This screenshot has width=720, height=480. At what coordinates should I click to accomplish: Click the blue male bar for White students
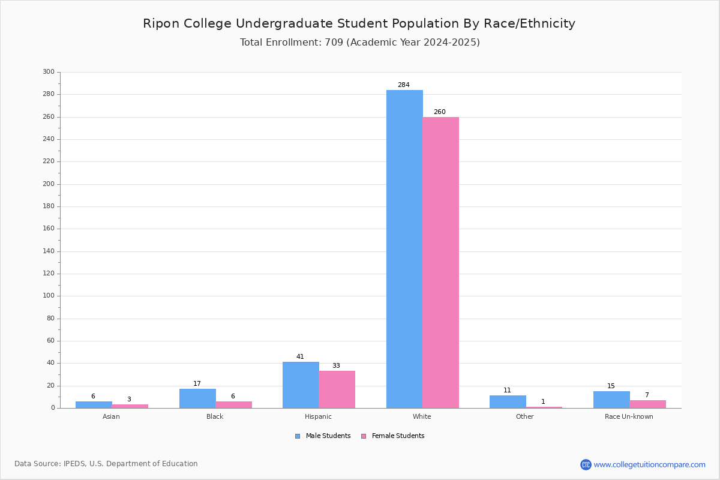tap(404, 249)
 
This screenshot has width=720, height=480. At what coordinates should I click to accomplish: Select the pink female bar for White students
tap(440, 263)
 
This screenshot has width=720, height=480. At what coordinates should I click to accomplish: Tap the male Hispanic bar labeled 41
tap(301, 385)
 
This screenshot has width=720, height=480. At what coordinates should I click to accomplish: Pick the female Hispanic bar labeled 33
tap(337, 389)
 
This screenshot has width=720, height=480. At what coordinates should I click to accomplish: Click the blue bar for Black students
tap(197, 398)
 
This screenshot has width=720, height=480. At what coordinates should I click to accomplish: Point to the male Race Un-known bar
tap(611, 400)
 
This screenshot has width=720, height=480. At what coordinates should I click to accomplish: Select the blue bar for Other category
tap(508, 402)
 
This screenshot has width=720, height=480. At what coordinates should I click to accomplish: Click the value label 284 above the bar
tap(404, 85)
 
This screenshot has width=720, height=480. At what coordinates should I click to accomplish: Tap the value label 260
tap(440, 112)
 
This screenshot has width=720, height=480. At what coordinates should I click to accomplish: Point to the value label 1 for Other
tap(543, 401)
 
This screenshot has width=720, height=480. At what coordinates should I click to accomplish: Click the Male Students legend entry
tap(323, 436)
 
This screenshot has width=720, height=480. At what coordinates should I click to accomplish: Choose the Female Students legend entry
tap(393, 436)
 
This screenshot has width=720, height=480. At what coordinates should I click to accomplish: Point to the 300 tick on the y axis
tap(49, 71)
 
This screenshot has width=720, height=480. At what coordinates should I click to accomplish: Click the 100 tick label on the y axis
tap(49, 296)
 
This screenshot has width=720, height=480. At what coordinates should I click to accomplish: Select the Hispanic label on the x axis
tap(318, 416)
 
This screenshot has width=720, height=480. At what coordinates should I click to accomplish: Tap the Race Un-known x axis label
tap(629, 416)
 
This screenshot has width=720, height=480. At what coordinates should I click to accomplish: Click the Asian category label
tap(111, 416)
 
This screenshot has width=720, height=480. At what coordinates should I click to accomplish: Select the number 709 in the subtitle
tap(334, 43)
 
